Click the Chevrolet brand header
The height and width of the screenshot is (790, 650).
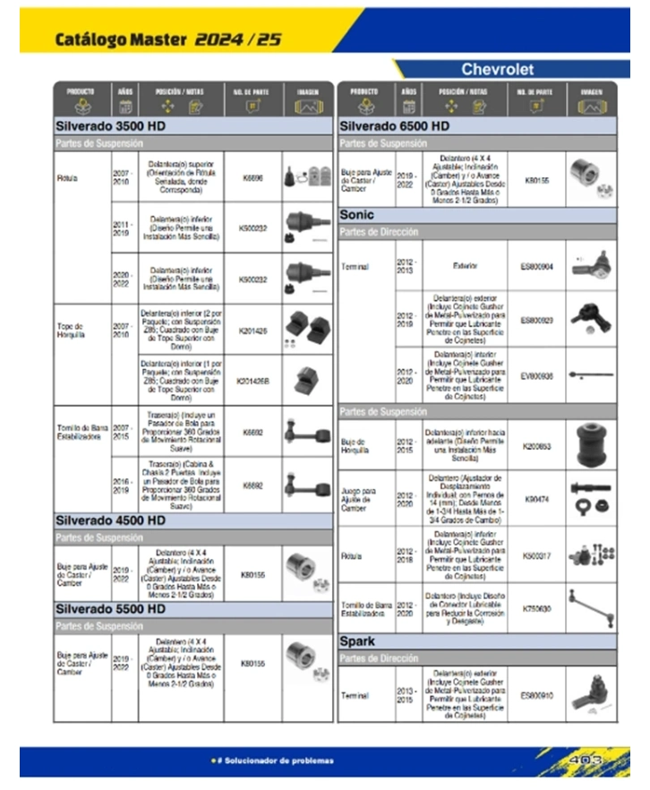point(497,69)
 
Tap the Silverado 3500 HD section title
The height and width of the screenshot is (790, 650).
point(110,126)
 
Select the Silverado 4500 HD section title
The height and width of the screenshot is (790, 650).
point(110,520)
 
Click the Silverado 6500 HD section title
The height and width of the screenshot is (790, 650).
point(394,126)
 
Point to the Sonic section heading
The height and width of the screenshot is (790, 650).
point(357,215)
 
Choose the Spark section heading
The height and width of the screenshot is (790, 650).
point(357,642)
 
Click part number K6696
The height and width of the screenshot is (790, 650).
point(253,178)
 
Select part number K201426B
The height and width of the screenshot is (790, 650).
point(253,380)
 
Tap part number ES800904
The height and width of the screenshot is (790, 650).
point(537,266)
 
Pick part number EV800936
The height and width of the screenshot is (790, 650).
point(537,376)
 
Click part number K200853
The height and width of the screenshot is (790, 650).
point(537,444)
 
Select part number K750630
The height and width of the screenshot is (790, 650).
point(537,608)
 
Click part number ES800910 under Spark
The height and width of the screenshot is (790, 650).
point(537,695)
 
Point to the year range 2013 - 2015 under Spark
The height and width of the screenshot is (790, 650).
point(407,695)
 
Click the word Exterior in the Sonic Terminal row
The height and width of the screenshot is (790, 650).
point(465,266)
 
